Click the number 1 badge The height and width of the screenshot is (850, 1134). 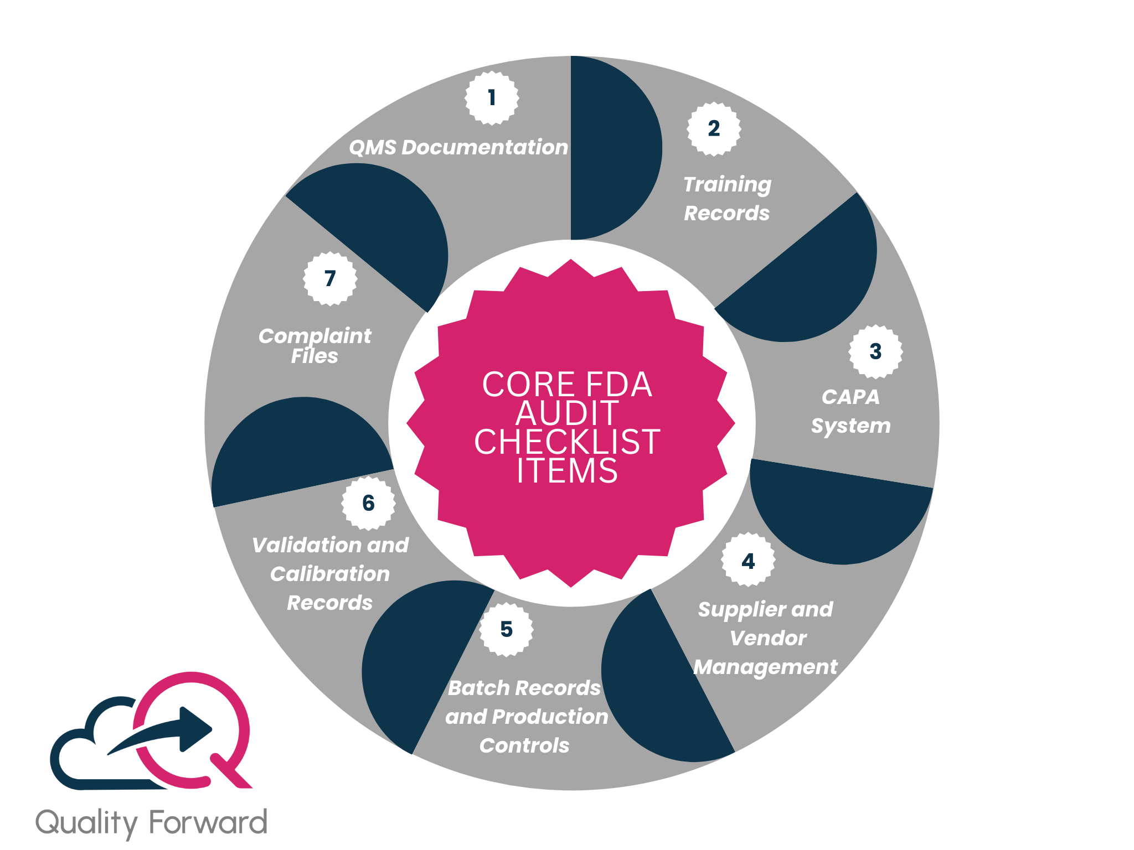point(492,98)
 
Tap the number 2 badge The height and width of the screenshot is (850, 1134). point(714,129)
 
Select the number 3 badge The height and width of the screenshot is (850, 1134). point(875,351)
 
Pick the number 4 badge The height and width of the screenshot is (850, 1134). point(748,562)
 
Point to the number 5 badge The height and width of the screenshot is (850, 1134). point(506,630)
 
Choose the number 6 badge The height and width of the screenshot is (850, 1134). point(368,503)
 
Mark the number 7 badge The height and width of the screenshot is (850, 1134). point(330,278)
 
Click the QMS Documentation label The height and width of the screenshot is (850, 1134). point(458,147)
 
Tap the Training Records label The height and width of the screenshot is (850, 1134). point(727,199)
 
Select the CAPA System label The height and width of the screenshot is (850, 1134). point(850,411)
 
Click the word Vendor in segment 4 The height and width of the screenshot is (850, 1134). point(768,638)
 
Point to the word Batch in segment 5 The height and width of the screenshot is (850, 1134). point(471,688)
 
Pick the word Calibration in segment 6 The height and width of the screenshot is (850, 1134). point(330,574)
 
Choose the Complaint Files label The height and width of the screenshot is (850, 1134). point(315,346)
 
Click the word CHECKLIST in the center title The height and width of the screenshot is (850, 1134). point(567,442)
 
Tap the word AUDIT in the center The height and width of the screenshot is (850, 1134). point(567,413)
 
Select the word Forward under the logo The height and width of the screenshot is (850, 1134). point(208,822)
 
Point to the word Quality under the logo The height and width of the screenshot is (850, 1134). point(87,823)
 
